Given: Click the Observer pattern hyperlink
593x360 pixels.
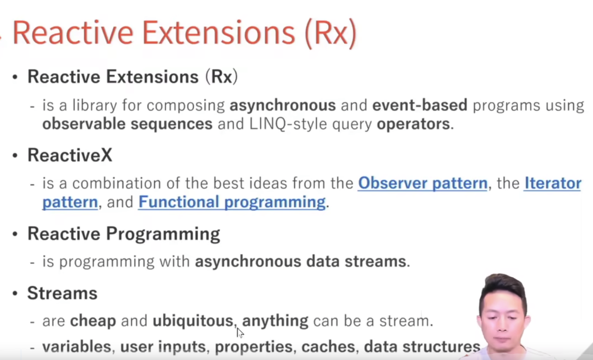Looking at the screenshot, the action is point(423,183).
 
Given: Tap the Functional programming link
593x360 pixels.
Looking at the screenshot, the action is point(232,203).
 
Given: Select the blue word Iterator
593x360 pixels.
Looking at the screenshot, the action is point(553,183).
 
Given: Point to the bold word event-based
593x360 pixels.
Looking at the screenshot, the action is point(420,105).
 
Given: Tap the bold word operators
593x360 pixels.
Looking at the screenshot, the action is point(413,124).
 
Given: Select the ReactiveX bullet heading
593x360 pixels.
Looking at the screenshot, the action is point(70,155).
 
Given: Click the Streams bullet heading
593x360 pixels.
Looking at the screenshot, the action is point(62,293).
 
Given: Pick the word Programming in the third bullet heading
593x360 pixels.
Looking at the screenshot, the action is point(163,234).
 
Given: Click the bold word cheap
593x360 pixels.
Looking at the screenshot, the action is point(93,321).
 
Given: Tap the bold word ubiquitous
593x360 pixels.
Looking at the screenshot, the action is point(193,321).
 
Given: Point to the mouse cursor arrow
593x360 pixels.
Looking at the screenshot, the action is point(240,333).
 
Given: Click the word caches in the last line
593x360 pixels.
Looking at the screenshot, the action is point(328,347).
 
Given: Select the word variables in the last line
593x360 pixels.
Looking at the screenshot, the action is point(76,347).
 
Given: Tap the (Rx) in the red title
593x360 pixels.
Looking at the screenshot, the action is point(331,33).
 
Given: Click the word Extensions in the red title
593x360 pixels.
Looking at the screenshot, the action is point(219,33).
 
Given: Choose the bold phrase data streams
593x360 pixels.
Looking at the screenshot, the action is point(356,261).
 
